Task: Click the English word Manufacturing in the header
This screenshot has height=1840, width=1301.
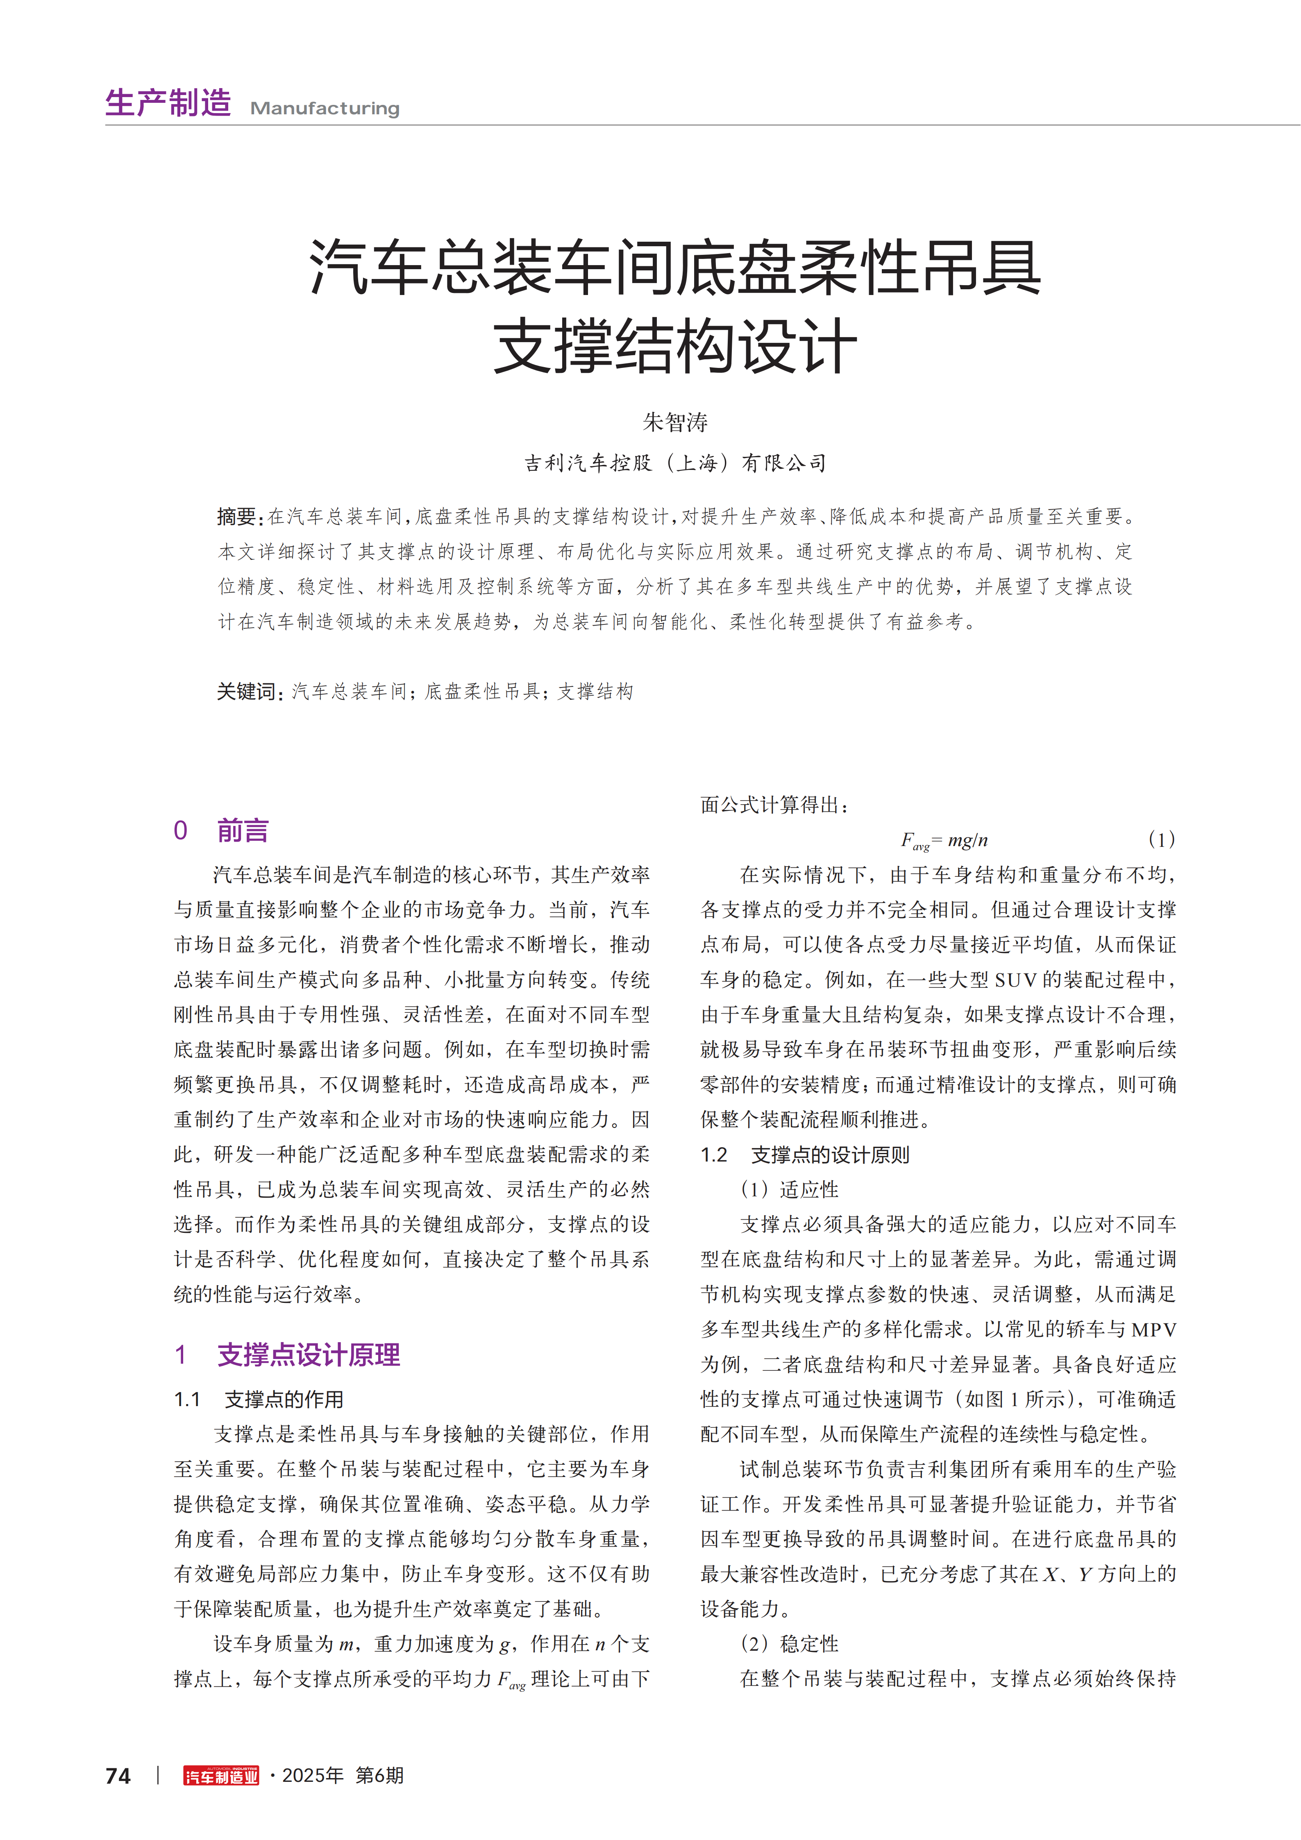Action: point(325,108)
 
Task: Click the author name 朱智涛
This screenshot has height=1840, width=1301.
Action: point(675,422)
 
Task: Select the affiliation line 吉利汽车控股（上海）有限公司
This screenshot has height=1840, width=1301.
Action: point(675,463)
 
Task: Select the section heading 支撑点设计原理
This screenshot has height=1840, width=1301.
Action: point(309,1354)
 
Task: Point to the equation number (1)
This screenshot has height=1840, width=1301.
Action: point(1161,840)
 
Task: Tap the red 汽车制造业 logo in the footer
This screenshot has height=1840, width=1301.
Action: point(221,1776)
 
